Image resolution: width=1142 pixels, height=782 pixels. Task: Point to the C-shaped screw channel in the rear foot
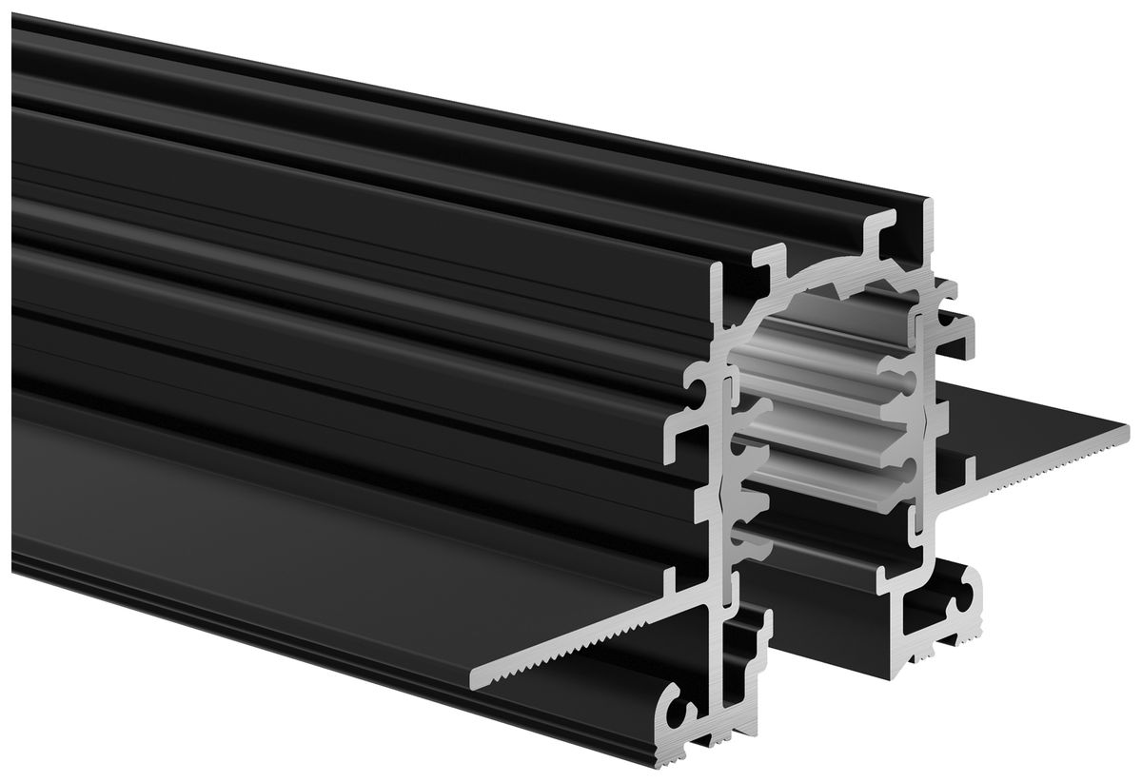[x=966, y=589]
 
